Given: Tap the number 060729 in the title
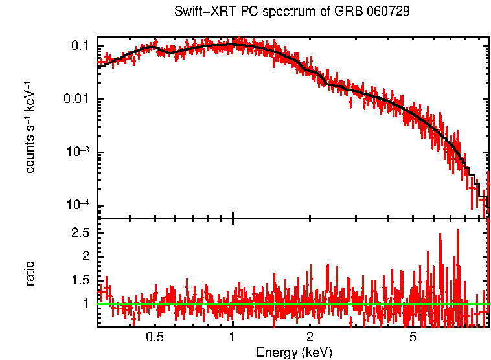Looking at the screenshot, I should (391, 12).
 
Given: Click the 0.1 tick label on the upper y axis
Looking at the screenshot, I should (80, 47).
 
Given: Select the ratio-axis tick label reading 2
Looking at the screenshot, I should (86, 256).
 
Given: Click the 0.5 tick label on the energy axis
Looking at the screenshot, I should (155, 338).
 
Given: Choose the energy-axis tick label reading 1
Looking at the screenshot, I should (233, 338).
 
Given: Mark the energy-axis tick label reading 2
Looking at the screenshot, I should (310, 338).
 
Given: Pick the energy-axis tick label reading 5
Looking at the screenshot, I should (413, 338).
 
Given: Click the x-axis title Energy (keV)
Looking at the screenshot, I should (294, 352).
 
